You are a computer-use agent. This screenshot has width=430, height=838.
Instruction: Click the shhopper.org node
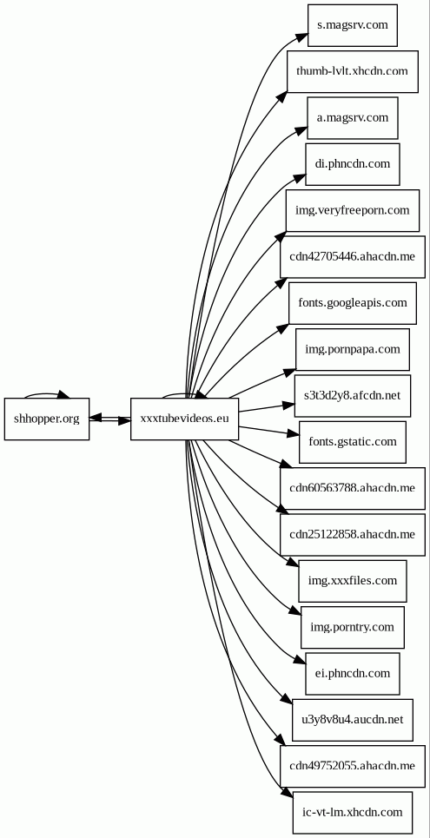[47, 419]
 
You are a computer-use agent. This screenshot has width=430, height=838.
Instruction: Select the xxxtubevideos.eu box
[184, 419]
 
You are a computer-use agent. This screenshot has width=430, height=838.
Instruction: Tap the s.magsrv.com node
[353, 25]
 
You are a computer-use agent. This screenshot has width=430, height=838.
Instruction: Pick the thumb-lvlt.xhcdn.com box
[353, 71]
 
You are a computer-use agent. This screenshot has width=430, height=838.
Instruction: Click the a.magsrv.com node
[353, 117]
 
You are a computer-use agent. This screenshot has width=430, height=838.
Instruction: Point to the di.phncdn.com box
[353, 164]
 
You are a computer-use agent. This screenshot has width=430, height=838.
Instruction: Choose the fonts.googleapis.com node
[353, 303]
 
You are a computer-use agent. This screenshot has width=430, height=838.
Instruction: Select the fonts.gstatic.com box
[353, 442]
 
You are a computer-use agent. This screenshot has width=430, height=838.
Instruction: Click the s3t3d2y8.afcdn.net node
[353, 395]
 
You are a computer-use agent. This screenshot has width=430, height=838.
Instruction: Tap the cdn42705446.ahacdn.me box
[353, 256]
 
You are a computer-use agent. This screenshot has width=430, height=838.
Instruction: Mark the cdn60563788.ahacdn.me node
[353, 489]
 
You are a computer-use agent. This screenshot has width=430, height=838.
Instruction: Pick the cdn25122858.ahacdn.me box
[353, 534]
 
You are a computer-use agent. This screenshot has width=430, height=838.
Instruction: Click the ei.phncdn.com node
[353, 673]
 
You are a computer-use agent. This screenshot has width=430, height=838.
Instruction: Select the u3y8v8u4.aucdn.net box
[353, 720]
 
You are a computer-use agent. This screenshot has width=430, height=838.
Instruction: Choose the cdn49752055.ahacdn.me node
[353, 767]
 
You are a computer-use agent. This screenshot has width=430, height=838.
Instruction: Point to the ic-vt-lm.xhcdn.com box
[353, 812]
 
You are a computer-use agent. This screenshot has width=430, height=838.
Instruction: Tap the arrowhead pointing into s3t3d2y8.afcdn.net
[288, 406]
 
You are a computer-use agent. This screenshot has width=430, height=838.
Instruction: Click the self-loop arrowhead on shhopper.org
[63, 395]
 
